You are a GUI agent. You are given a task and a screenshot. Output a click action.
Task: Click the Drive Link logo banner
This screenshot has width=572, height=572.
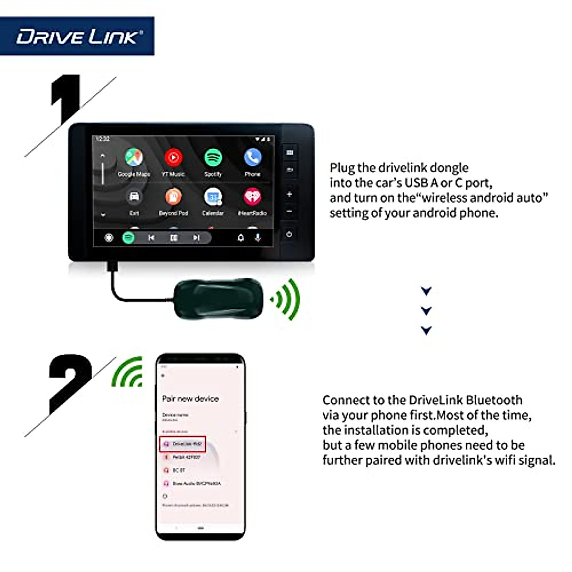pyautogui.click(x=77, y=36)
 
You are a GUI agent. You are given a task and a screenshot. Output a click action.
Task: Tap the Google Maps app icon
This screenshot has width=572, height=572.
pyautogui.click(x=134, y=158)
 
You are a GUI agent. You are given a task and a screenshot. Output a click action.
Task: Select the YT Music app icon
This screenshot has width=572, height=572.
pyautogui.click(x=174, y=158)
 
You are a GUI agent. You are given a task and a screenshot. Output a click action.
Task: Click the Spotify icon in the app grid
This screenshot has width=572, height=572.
pyautogui.click(x=213, y=158)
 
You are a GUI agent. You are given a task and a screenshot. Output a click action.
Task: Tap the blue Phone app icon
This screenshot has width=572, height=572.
pyautogui.click(x=253, y=157)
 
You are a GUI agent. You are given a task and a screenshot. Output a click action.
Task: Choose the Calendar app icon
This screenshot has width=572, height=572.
pyautogui.click(x=213, y=197)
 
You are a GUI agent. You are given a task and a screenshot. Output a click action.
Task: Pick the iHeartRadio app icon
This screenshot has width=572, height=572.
pyautogui.click(x=253, y=197)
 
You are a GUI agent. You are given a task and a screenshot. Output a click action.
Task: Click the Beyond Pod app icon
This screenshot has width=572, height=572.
pyautogui.click(x=174, y=197)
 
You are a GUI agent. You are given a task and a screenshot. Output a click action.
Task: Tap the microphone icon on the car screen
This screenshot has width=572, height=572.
pyautogui.click(x=258, y=237)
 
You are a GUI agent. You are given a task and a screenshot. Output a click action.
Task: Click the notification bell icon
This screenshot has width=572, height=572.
pyautogui.click(x=241, y=237)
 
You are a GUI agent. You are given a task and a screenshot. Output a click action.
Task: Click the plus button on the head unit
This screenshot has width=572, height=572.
pyautogui.click(x=289, y=194)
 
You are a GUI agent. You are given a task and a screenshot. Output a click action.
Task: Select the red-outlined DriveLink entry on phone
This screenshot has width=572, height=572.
pyautogui.click(x=183, y=444)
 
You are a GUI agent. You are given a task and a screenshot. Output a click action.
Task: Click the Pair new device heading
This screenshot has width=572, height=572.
pyautogui.click(x=190, y=398)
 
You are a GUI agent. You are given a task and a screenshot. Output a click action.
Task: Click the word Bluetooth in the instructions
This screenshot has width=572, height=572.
pyautogui.click(x=494, y=400)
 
